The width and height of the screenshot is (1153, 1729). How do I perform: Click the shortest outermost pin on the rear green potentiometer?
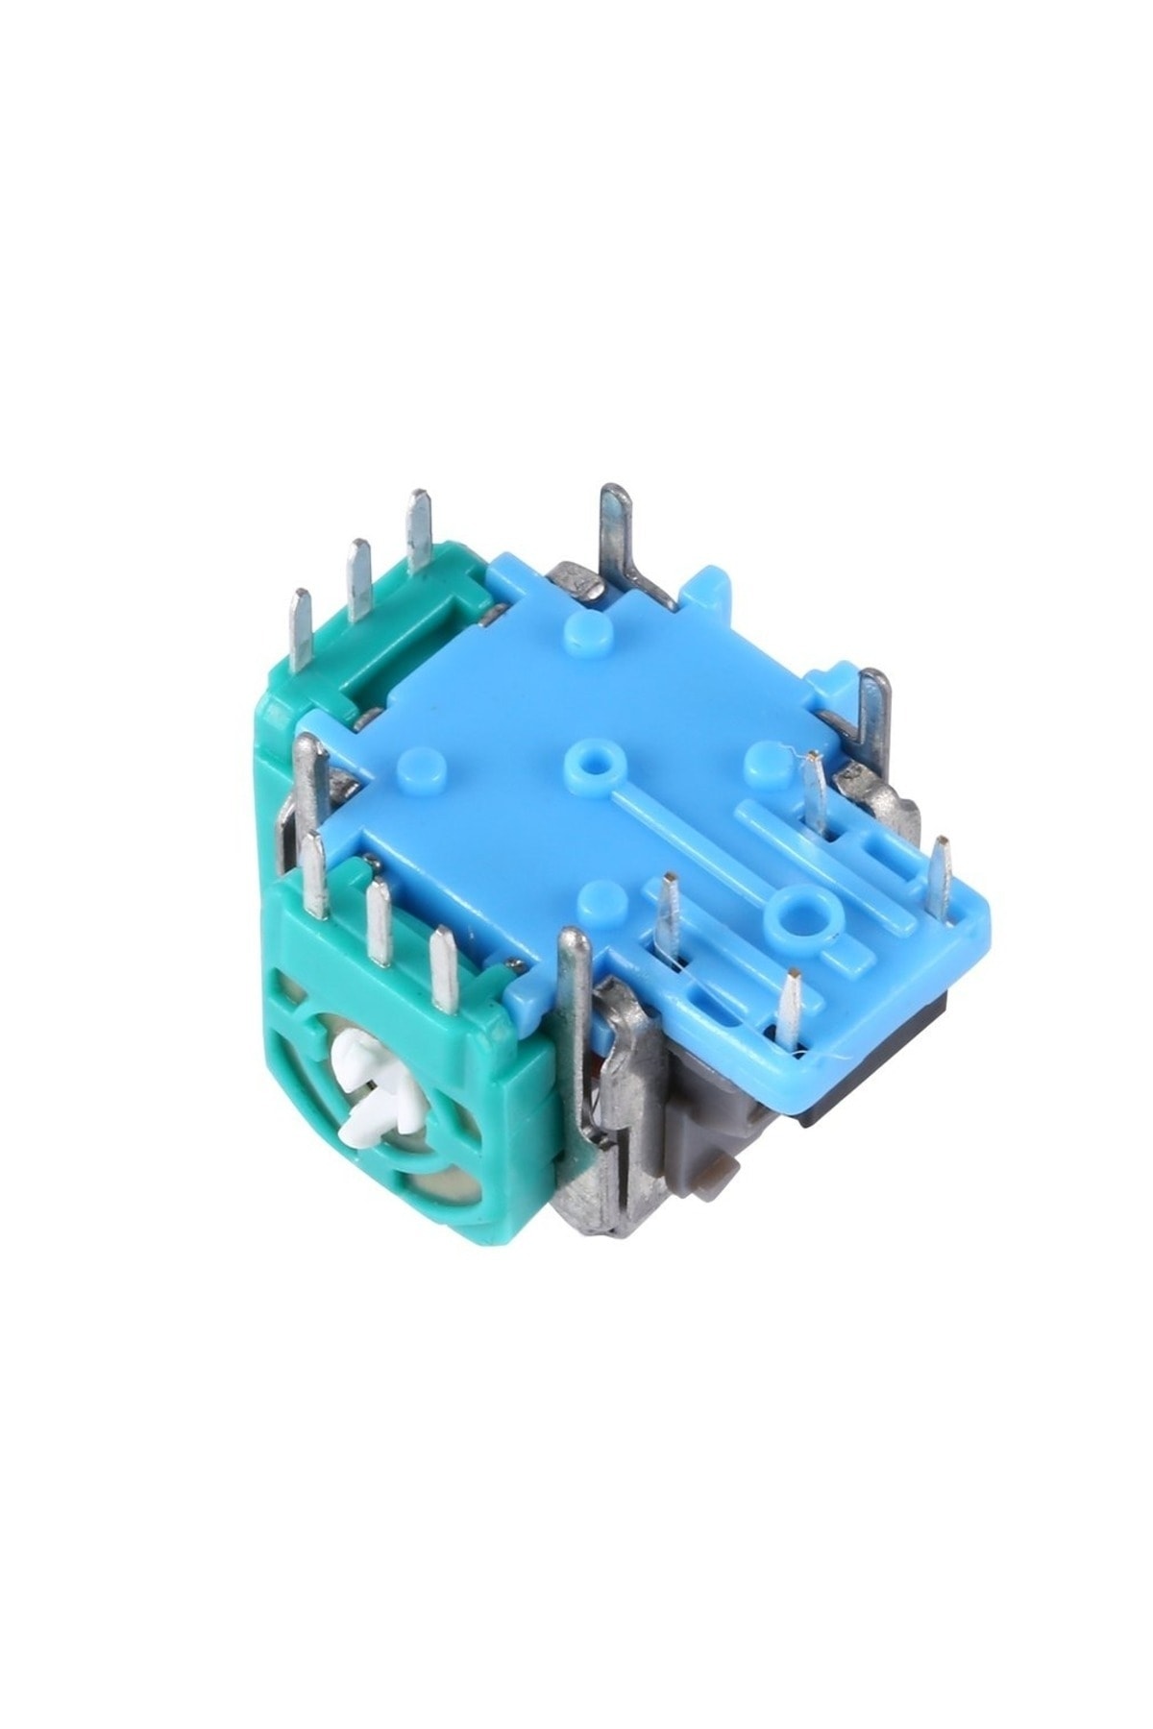[x=302, y=624]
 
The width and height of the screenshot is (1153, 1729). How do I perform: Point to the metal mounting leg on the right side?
[x=873, y=716]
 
